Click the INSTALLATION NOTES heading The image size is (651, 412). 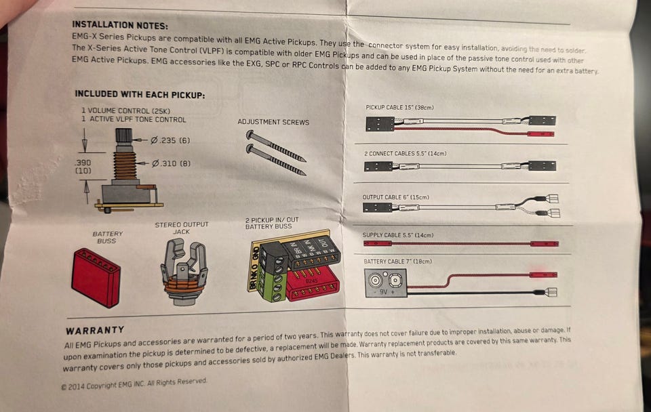tap(120, 25)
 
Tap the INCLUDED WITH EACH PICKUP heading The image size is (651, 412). tap(140, 95)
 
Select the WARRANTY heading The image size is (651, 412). tap(95, 330)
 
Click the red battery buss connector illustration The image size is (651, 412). tap(96, 277)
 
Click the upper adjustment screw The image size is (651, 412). tap(276, 146)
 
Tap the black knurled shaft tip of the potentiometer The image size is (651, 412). tap(123, 135)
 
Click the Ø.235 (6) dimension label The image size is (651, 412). tap(170, 141)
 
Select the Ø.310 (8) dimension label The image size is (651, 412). tap(171, 163)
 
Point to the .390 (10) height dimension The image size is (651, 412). tap(83, 167)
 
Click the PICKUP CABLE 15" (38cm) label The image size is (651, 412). tap(399, 108)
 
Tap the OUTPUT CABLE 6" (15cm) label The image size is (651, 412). tap(395, 197)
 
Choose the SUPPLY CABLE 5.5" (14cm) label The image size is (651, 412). tap(398, 235)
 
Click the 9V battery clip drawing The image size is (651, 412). tap(385, 283)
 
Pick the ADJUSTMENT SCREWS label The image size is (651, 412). tap(273, 122)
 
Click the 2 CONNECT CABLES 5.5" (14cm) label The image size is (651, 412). tap(406, 154)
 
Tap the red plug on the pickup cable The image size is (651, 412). tap(540, 134)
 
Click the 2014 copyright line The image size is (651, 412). tap(134, 384)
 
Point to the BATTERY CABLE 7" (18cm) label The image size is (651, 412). tap(398, 262)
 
